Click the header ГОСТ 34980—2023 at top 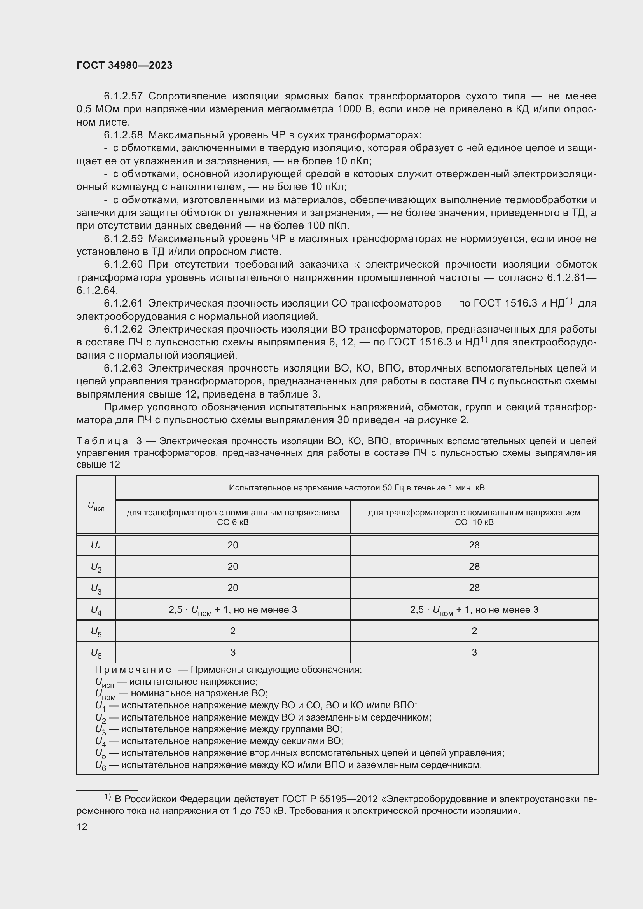point(124,66)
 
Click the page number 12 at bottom point(82,827)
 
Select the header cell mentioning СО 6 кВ point(233,517)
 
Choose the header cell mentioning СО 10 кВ point(474,517)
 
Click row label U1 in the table point(96,546)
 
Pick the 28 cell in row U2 point(474,567)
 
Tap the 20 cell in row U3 point(233,588)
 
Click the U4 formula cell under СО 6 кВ point(233,610)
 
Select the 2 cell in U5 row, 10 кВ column point(474,631)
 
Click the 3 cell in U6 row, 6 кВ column point(233,652)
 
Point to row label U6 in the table point(96,653)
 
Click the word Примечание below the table point(133,670)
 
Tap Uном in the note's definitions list point(105,694)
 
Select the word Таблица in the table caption point(102,441)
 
